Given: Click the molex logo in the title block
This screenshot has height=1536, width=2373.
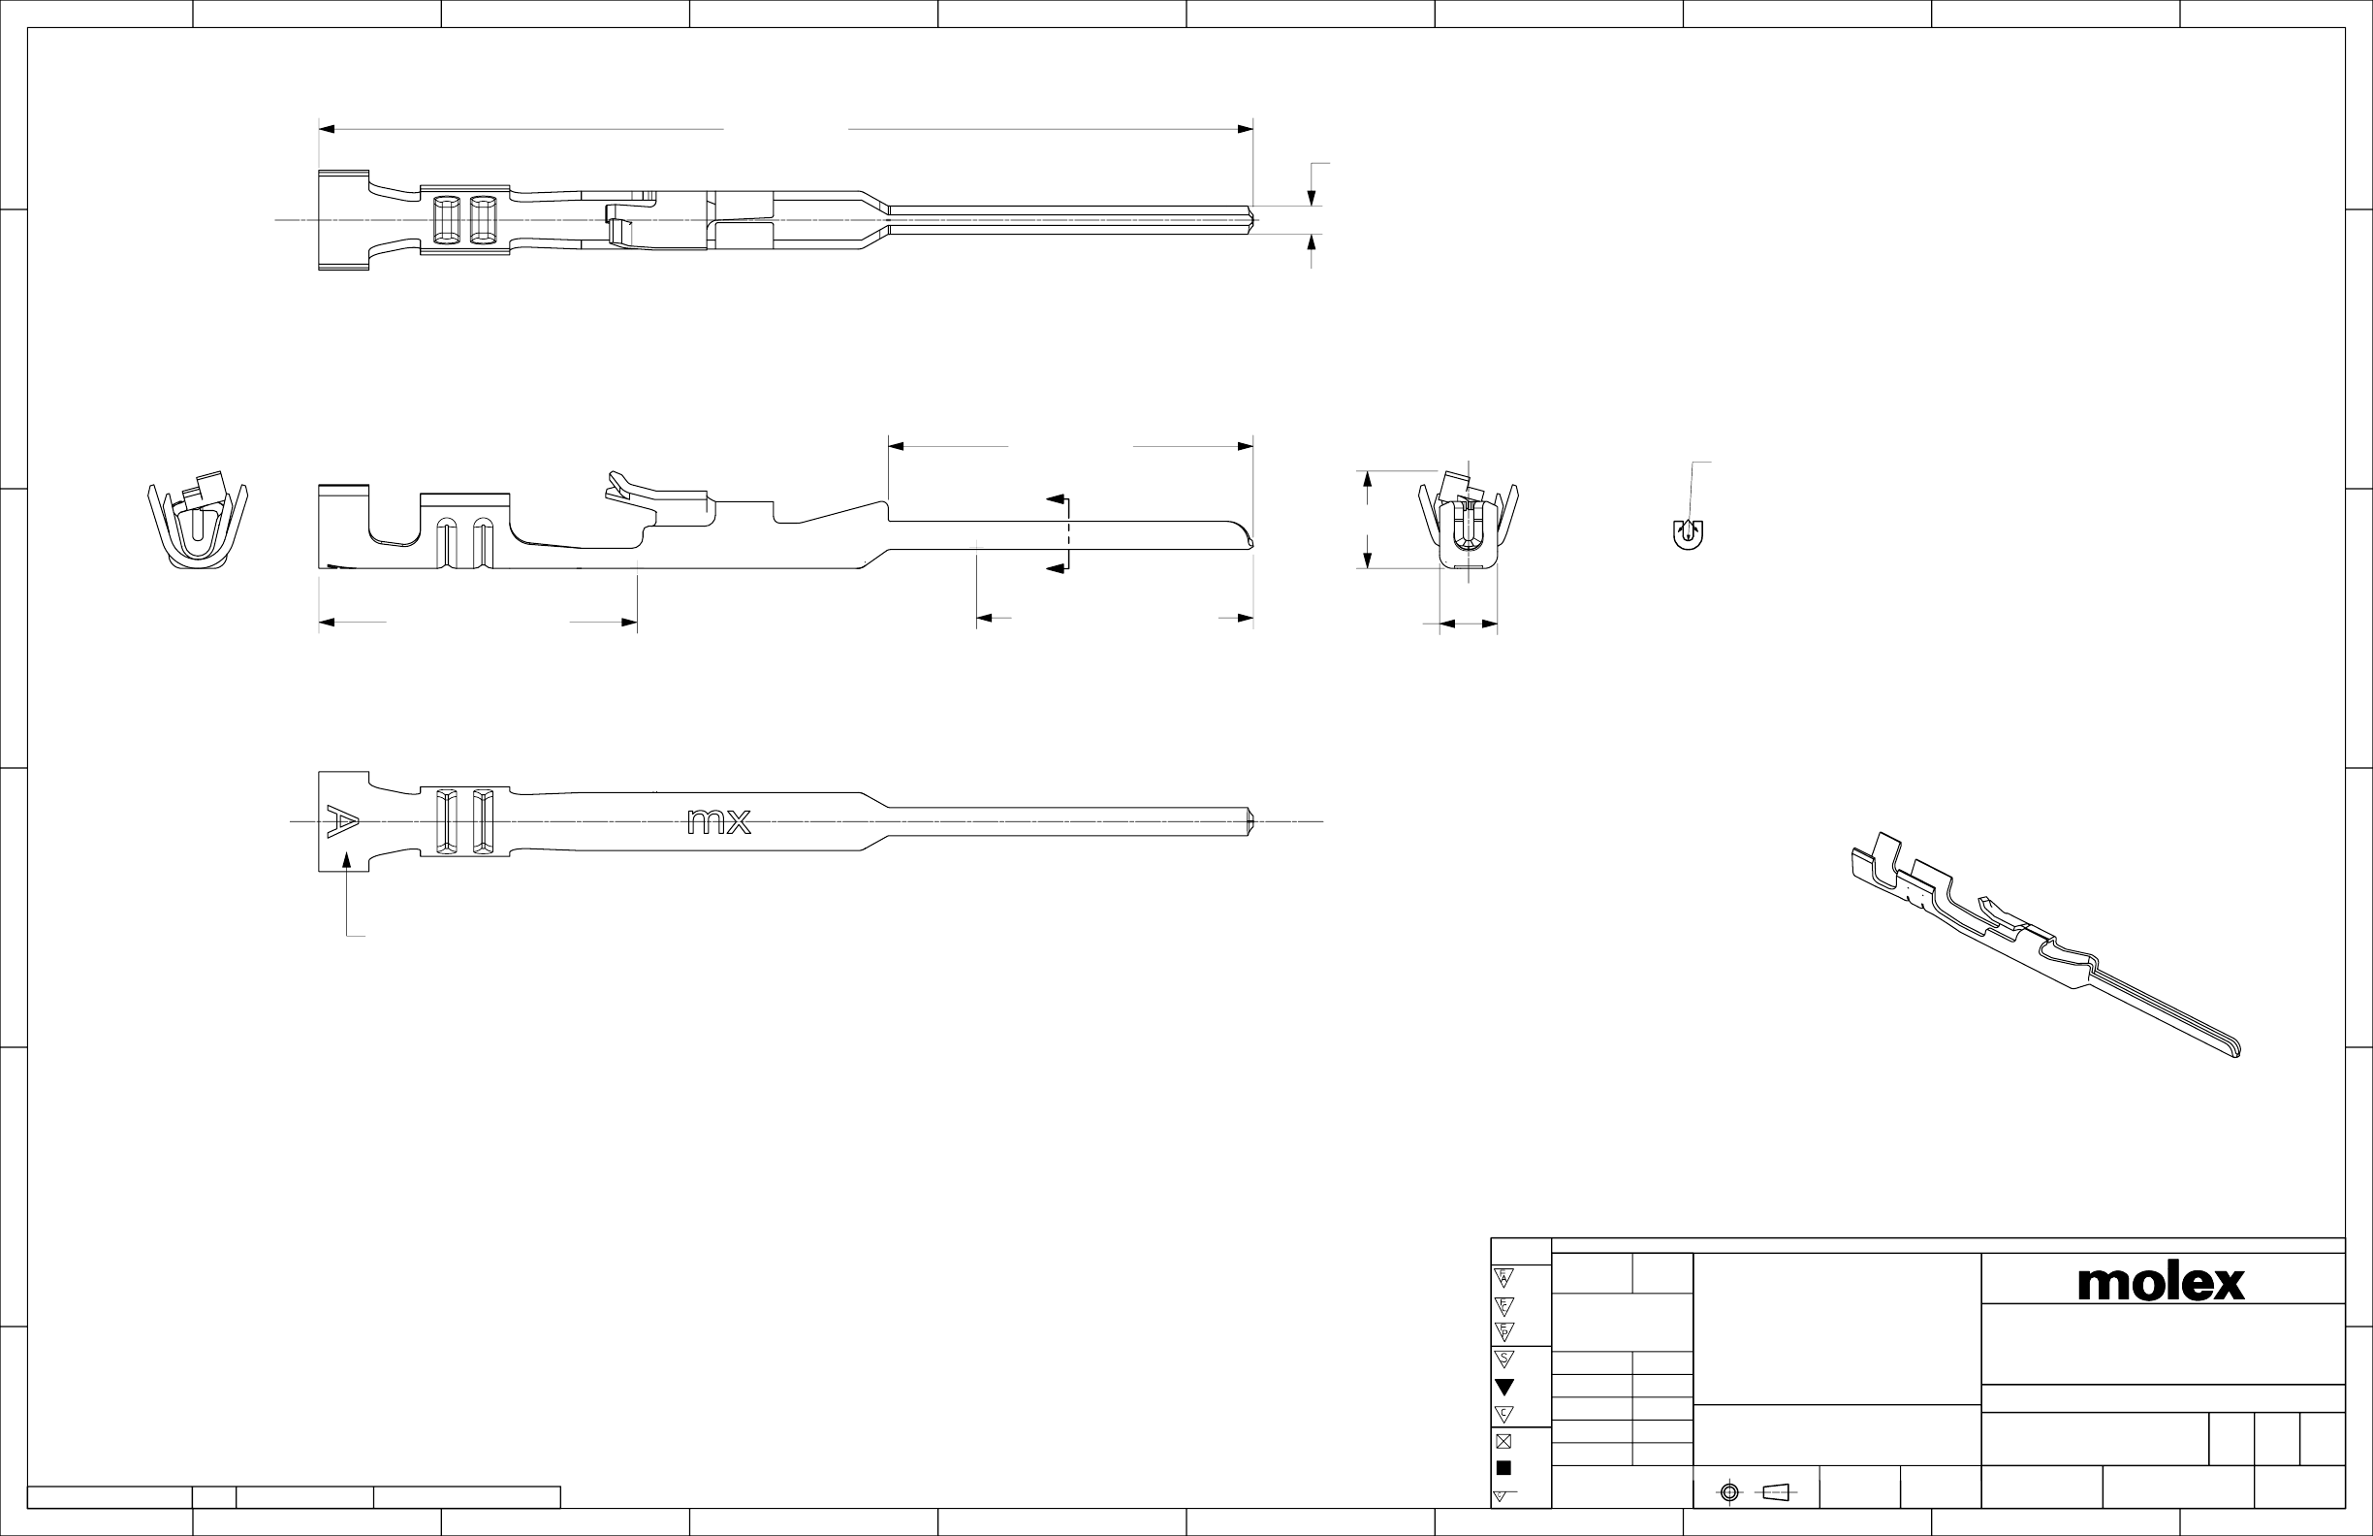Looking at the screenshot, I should click(2161, 1283).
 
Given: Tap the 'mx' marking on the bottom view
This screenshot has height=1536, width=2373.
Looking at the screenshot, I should click(719, 822).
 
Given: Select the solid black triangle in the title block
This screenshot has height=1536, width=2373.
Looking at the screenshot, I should click(1504, 1387).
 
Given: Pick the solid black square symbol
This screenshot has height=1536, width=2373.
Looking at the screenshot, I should click(1504, 1467).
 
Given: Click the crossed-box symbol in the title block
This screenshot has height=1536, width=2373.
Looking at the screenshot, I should click(1504, 1440).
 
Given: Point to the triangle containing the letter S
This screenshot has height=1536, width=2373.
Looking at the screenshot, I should click(1504, 1359).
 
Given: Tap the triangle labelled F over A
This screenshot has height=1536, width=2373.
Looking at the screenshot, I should click(1504, 1278).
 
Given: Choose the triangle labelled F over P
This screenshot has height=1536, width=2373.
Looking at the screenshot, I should click(1504, 1331).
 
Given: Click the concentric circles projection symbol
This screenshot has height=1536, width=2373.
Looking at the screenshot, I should click(1730, 1492).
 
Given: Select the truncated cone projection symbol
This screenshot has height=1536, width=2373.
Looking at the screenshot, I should click(1776, 1492).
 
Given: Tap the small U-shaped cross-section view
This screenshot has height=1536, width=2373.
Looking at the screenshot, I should click(1687, 534).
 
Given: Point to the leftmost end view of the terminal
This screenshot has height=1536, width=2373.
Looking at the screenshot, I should click(198, 526).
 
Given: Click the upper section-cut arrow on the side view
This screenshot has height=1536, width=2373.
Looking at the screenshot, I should click(1055, 497).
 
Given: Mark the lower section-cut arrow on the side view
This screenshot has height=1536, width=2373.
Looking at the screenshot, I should click(1055, 568).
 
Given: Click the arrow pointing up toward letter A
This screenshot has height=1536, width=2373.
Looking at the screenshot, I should click(347, 860).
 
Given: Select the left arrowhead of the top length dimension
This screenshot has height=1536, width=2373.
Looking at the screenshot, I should click(326, 130).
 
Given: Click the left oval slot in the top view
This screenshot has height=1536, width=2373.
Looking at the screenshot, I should click(446, 219).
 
